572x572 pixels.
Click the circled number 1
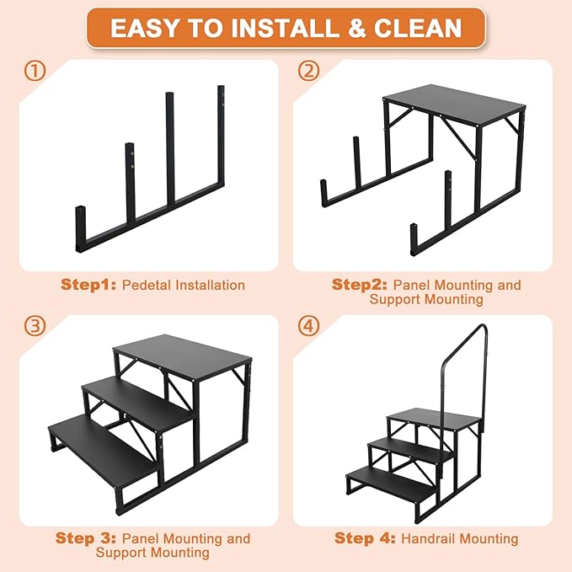[35, 72]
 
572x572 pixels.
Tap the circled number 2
[309, 72]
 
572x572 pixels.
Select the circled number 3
[35, 326]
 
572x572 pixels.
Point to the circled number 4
[309, 326]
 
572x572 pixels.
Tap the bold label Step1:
[88, 285]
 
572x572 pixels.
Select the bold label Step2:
[361, 285]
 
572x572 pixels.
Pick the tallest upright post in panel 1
[222, 135]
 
